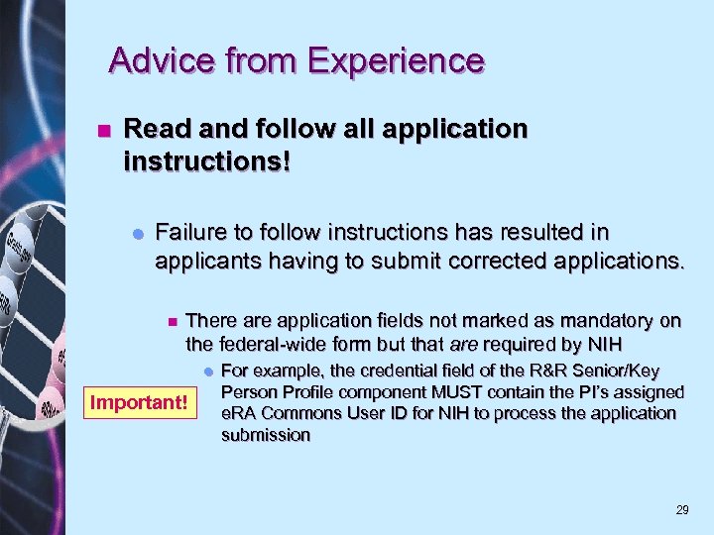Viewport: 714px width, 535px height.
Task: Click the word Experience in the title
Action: [x=396, y=60]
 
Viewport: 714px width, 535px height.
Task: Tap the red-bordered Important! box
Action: [x=139, y=402]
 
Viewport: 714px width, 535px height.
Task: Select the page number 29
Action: [x=681, y=510]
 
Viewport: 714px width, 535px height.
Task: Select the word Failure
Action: [x=193, y=233]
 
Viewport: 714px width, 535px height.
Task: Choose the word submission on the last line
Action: [x=265, y=435]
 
